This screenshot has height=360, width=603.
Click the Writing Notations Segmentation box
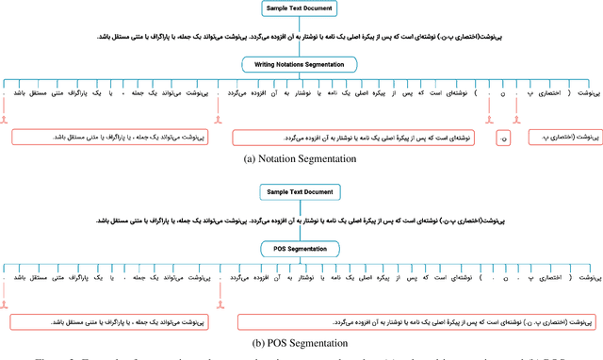[301, 64]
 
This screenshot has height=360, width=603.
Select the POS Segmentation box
[301, 248]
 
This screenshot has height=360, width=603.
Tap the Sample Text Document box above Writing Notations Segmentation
[301, 11]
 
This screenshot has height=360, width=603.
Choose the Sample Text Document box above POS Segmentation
[301, 193]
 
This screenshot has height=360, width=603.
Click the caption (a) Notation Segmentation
[301, 159]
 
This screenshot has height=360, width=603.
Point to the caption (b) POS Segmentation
[301, 342]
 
